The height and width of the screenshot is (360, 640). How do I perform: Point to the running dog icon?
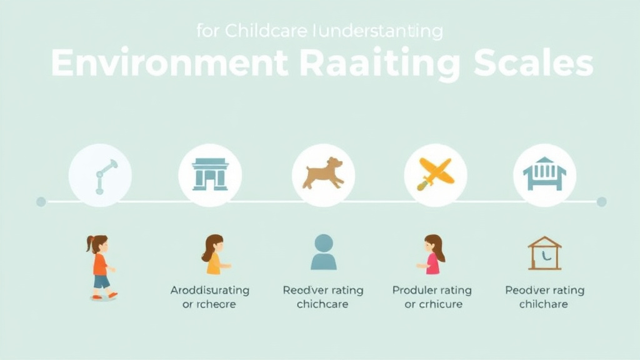click(x=323, y=173)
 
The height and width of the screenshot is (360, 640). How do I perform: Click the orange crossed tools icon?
click(x=435, y=173)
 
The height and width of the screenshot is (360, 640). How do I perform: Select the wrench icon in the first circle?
click(x=102, y=176)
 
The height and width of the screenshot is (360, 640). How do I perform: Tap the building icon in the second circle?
click(x=210, y=174)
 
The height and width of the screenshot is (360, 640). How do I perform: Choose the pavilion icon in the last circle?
click(x=544, y=174)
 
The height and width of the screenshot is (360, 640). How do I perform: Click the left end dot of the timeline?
click(x=41, y=201)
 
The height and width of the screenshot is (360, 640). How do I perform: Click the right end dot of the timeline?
click(x=601, y=201)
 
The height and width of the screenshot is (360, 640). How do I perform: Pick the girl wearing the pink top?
click(x=433, y=255)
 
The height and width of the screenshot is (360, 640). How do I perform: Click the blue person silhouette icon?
click(x=323, y=252)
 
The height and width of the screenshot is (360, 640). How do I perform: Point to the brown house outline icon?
click(x=544, y=253)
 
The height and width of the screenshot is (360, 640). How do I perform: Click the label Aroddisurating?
click(x=210, y=291)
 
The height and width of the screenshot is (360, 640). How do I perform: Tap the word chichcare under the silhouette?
click(x=322, y=304)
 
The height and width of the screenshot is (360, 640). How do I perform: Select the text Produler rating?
click(x=432, y=291)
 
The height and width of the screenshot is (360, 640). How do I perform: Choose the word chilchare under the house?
click(x=544, y=304)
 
